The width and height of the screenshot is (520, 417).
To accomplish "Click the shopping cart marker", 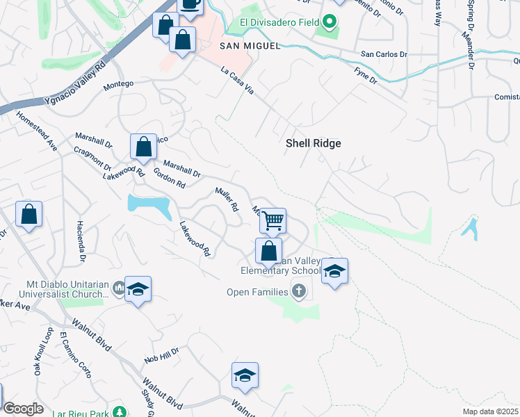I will pyautogui.click(x=273, y=221).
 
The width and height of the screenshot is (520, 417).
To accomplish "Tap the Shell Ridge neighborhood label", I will pyautogui.click(x=314, y=142).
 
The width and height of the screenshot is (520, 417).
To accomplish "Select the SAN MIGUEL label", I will pyautogui.click(x=250, y=46).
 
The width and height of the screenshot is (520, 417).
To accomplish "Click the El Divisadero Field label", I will pyautogui.click(x=279, y=22).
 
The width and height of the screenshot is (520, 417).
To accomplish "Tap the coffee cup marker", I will pyautogui.click(x=190, y=3).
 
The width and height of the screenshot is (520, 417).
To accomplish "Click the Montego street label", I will pyautogui.click(x=117, y=85).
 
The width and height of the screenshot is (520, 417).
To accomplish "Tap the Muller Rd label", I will pyautogui.click(x=227, y=199).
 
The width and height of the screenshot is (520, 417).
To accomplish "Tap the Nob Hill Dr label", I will pyautogui.click(x=161, y=357).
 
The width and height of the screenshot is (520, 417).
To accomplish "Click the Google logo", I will pyautogui.click(x=23, y=409).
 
